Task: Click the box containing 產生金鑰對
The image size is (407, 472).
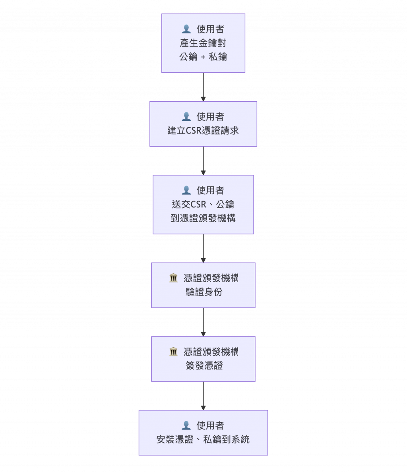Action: (x=203, y=43)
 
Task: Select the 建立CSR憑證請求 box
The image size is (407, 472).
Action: (x=203, y=124)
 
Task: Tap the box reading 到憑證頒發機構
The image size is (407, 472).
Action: (x=203, y=204)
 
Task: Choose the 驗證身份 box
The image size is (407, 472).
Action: (x=203, y=285)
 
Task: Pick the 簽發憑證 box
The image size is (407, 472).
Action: (x=203, y=359)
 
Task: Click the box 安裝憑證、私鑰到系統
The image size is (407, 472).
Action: (x=203, y=433)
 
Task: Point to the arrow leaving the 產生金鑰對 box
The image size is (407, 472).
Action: (x=203, y=87)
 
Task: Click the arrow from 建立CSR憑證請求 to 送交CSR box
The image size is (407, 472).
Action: (x=203, y=161)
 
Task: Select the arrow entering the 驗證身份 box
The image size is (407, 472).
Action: (x=203, y=248)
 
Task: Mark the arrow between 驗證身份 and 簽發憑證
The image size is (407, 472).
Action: (x=203, y=322)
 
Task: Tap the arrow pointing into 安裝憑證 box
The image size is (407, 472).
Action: (x=203, y=396)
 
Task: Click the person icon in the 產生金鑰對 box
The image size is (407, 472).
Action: (x=186, y=29)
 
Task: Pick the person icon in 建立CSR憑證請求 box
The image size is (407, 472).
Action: (x=186, y=117)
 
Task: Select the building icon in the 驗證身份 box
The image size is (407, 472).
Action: (x=173, y=278)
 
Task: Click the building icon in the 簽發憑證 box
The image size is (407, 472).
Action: (x=173, y=352)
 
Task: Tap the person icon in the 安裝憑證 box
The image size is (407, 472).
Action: (x=186, y=426)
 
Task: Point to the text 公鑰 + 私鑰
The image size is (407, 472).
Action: (x=203, y=57)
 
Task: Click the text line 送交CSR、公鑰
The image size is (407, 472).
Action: (x=203, y=205)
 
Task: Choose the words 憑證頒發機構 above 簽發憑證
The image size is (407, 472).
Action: (x=211, y=352)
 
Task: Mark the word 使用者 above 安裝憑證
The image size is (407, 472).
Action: (x=210, y=426)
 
